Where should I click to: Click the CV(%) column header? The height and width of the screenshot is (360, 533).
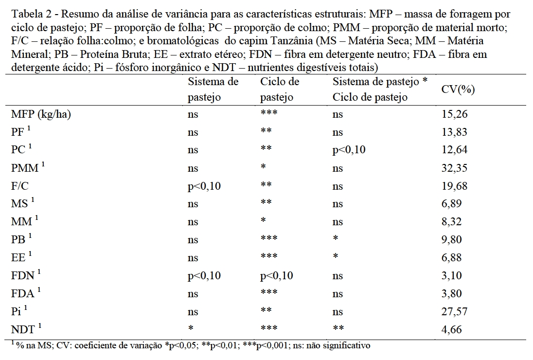coord(458,90)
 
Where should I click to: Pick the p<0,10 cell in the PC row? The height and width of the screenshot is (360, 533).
coord(349,150)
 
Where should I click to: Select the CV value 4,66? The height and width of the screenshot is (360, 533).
coord(450,330)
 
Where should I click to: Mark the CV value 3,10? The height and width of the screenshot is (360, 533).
coord(450,276)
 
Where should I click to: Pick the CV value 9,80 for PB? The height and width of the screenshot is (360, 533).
coord(450,240)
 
